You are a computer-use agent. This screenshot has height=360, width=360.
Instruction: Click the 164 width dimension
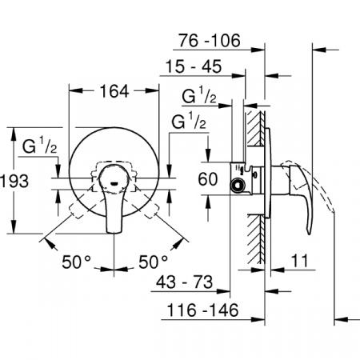tap(114, 91)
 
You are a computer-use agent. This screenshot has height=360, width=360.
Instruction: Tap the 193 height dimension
tap(14, 181)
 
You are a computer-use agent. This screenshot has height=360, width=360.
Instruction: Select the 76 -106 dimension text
tap(210, 41)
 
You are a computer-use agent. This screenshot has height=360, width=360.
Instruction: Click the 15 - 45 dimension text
tap(194, 66)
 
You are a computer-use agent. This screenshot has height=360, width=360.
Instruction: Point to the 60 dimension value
tap(208, 179)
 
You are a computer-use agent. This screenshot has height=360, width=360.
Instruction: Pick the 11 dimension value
tap(300, 261)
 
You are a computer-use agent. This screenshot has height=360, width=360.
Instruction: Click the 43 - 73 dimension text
tap(185, 282)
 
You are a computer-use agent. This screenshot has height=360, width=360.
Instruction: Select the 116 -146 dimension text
tap(202, 310)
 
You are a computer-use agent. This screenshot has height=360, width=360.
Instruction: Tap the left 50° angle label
tap(76, 262)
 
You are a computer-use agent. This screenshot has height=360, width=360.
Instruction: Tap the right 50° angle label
tap(153, 262)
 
